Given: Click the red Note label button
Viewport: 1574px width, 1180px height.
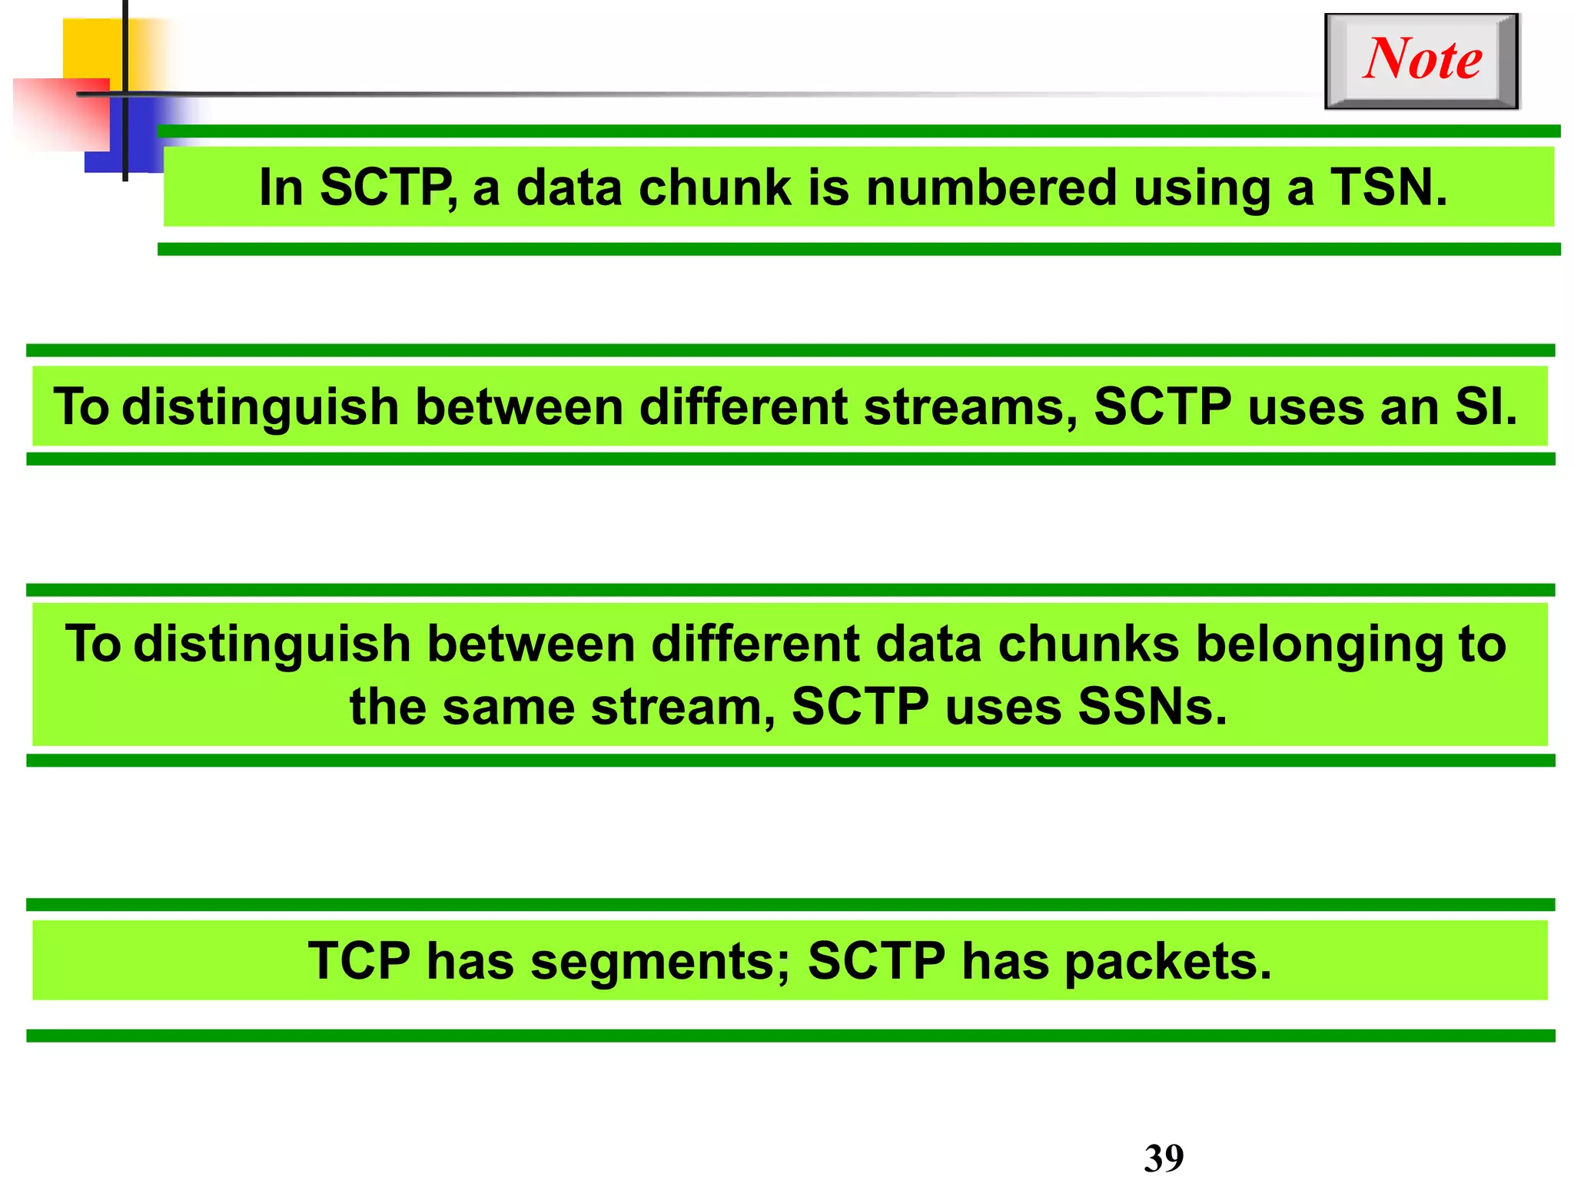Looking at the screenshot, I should click(x=1422, y=60).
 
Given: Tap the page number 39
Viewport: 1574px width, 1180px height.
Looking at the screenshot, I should click(x=1164, y=1157).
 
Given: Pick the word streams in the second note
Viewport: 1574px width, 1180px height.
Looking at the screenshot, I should click(x=970, y=406).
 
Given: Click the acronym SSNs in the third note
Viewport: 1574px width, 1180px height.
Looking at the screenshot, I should click(x=1151, y=706).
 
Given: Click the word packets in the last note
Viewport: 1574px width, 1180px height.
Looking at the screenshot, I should click(x=1167, y=962).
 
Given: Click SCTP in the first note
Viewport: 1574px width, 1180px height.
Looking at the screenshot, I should click(x=389, y=187).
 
